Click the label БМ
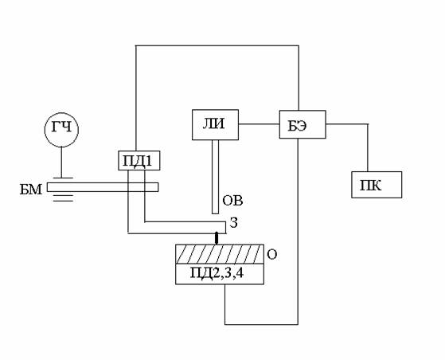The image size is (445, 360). (x=31, y=190)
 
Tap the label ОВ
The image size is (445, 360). (x=232, y=201)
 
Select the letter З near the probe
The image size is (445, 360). (x=233, y=224)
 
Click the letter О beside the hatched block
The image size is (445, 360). (x=272, y=255)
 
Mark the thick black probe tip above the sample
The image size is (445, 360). (x=217, y=238)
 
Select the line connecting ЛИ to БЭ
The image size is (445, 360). (x=259, y=123)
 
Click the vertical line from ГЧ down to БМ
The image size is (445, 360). (x=61, y=162)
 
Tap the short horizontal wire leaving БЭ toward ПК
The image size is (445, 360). (x=347, y=124)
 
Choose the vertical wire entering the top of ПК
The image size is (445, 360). (x=368, y=147)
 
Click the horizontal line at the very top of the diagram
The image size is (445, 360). (x=217, y=45)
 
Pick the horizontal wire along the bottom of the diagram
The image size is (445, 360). (x=261, y=324)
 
